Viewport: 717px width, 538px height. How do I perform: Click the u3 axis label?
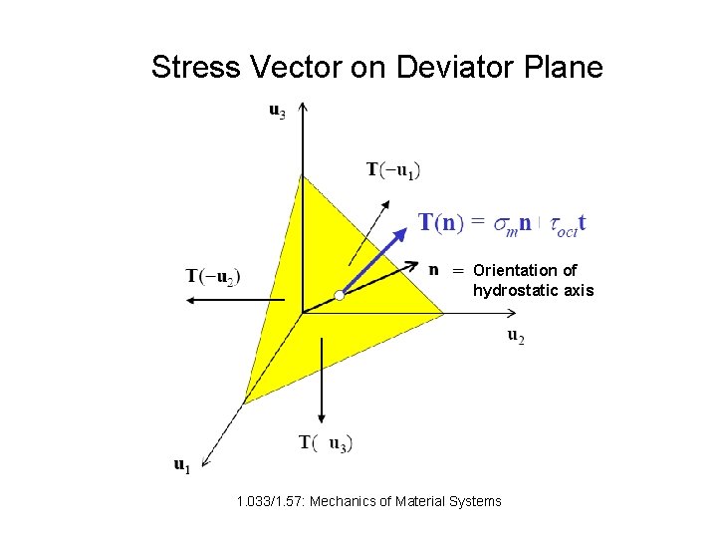277,112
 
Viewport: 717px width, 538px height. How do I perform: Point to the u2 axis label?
516,337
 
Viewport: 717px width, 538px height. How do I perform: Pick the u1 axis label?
181,464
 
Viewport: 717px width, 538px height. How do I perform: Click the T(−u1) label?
393,170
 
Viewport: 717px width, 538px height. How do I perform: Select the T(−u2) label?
213,274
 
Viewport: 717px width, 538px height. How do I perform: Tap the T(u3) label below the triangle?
326,442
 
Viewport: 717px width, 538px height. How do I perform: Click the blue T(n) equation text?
501,223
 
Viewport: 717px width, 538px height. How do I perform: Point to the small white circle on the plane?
340,295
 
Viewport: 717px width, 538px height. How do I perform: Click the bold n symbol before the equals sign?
434,268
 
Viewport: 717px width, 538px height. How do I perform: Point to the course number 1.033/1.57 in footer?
271,501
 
